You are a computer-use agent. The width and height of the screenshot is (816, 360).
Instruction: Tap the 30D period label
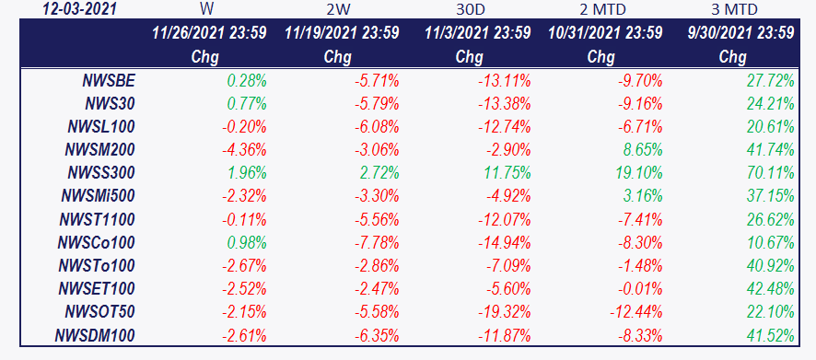pos(470,9)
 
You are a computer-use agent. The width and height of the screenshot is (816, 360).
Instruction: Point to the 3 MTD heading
pos(734,9)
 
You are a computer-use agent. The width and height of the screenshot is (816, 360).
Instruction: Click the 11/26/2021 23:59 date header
pos(209,33)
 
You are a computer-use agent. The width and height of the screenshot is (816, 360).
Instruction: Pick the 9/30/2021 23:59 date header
pos(740,33)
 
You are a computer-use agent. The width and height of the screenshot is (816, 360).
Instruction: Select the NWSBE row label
pos(109,81)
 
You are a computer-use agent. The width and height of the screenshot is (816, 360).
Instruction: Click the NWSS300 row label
pos(101,173)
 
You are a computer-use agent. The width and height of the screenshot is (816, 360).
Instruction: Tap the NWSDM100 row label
pos(95,334)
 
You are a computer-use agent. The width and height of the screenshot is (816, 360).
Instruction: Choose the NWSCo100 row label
pos(98,242)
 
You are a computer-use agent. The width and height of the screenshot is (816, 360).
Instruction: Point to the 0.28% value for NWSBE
pos(247,81)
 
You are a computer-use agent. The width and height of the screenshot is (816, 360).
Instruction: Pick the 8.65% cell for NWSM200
pos(642,150)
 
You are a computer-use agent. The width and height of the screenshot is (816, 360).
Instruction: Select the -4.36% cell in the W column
pos(244,150)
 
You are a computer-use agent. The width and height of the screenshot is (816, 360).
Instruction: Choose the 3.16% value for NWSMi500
pos(642,196)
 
